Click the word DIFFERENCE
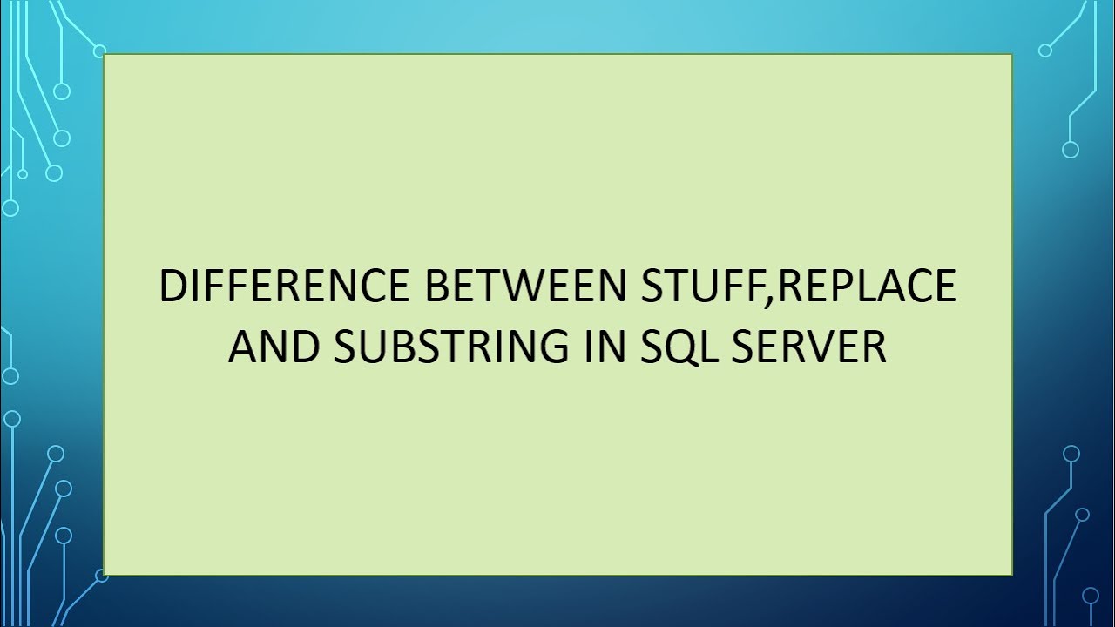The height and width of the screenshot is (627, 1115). [286, 287]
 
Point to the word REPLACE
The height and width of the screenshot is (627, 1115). [866, 287]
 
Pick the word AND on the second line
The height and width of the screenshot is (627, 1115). [272, 347]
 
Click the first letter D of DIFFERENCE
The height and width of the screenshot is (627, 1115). [172, 287]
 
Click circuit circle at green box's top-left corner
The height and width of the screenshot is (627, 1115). [99, 51]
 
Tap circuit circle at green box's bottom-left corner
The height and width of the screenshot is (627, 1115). [101, 576]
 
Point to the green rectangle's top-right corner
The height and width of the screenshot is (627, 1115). [1011, 55]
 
